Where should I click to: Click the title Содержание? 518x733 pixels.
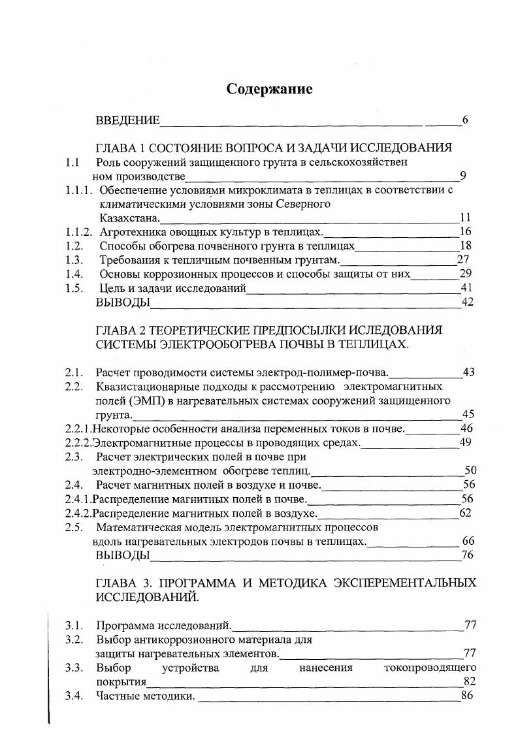tap(269, 89)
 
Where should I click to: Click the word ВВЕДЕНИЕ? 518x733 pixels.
tap(127, 120)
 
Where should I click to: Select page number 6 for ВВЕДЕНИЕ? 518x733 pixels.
tap(464, 120)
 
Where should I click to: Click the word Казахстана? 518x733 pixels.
tap(129, 218)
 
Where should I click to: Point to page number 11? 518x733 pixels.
tap(465, 218)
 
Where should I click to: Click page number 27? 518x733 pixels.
tap(464, 260)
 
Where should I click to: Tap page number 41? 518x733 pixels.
tap(466, 287)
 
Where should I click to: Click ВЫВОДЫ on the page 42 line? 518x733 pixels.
tap(123, 302)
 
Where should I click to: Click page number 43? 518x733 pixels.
tap(468, 372)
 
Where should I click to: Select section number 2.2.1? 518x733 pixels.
tap(78, 429)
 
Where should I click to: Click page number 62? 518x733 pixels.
tap(465, 513)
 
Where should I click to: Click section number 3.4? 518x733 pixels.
tap(74, 696)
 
